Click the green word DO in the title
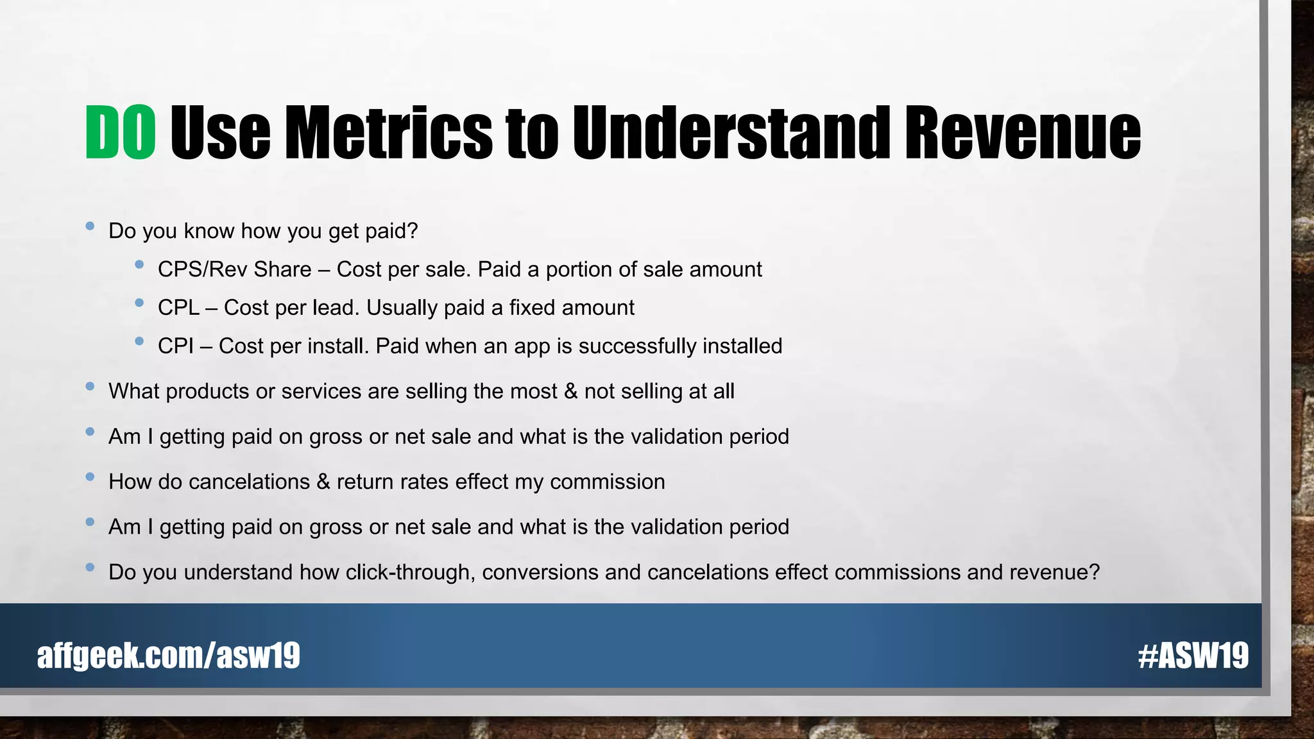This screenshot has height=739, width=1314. point(121,133)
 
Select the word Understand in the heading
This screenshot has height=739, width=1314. point(731,133)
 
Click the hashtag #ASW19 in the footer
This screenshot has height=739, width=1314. point(1193,656)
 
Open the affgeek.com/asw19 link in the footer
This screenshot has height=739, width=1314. point(169,656)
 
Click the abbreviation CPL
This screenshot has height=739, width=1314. point(178,308)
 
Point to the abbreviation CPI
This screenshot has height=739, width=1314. point(175,346)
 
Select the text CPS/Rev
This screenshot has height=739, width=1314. point(201,269)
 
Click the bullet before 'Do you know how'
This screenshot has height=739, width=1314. point(90,226)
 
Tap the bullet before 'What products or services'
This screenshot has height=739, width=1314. point(90,386)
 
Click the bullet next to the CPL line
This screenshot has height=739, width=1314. point(139,303)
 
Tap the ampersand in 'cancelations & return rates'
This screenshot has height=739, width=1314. point(323,482)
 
